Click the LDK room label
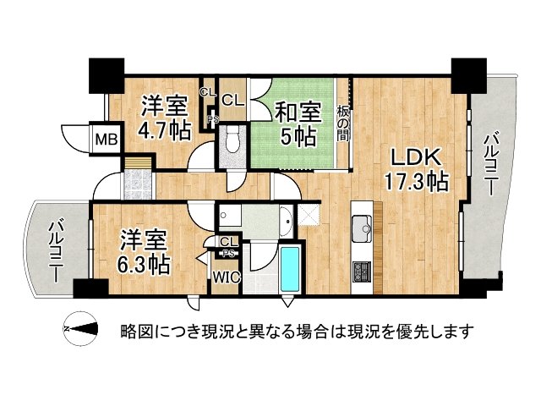click(x=412, y=158)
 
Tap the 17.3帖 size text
click(x=413, y=181)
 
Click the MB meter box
click(x=106, y=139)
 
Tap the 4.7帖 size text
click(x=164, y=129)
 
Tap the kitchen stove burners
click(x=362, y=272)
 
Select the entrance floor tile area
click(x=137, y=184)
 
